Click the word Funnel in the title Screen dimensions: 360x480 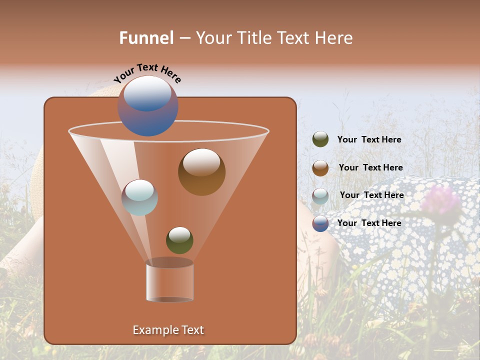tap(146, 38)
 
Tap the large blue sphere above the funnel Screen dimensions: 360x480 tap(148, 106)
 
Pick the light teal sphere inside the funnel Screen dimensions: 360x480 tap(139, 197)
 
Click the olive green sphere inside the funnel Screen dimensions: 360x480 tap(179, 240)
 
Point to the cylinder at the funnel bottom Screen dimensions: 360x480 tap(169, 281)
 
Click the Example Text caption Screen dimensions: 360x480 tap(168, 330)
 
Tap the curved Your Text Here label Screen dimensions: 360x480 tap(147, 73)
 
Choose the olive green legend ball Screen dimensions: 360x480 tap(320, 139)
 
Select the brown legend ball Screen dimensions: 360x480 tap(320, 167)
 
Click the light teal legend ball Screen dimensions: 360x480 tap(320, 195)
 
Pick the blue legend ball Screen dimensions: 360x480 tap(320, 223)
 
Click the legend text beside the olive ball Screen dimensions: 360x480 tap(369, 140)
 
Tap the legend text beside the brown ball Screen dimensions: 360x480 tap(370, 167)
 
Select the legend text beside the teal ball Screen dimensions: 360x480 tap(371, 195)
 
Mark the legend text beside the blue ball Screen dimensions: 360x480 tap(369, 223)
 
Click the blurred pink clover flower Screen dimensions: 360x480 tap(440, 200)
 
